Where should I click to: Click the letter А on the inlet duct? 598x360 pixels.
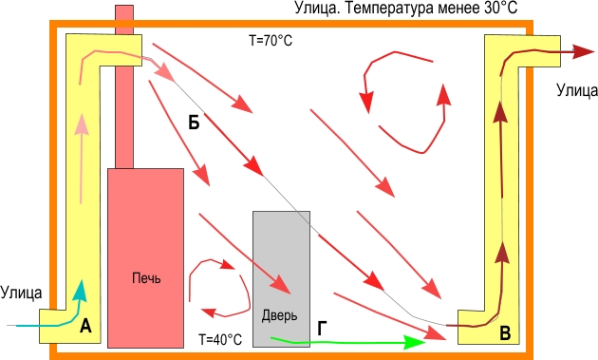pos(85,327)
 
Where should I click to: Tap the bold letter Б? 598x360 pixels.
pos(194,123)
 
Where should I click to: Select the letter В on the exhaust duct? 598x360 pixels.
pos(505,332)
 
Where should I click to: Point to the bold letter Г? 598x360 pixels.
pos(323,329)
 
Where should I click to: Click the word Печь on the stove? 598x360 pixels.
pos(146,278)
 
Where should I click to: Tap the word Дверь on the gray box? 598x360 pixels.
pos(280,316)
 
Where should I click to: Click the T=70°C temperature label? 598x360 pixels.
pos(271,40)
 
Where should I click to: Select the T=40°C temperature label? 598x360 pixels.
pos(220,339)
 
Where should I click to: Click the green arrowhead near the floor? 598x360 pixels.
pos(415,343)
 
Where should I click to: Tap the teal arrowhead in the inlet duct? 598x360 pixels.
pos(81,291)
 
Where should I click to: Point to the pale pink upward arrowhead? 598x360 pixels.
pos(82,124)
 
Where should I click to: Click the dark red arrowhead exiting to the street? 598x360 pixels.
pos(584,51)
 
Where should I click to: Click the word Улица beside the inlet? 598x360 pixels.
pos(21,293)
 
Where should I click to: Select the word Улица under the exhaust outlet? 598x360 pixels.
pos(577,90)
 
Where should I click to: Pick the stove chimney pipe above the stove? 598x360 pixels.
pos(124,86)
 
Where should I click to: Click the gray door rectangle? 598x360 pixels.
pos(282,279)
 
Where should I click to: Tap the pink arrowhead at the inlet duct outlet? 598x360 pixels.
pos(166,72)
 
